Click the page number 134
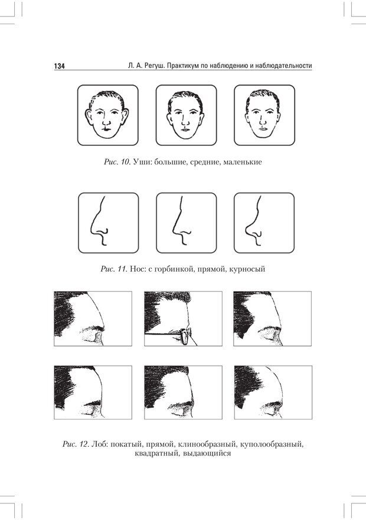click(60, 66)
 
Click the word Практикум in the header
click(182, 66)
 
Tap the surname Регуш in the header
click(155, 66)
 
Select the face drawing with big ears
click(107, 115)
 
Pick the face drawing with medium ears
click(186, 115)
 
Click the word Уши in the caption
click(140, 162)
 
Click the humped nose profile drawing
click(99, 221)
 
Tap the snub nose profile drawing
click(254, 221)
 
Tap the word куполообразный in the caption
click(272, 444)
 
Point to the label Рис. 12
click(76, 444)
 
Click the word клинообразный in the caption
click(208, 444)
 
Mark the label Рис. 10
click(117, 162)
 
